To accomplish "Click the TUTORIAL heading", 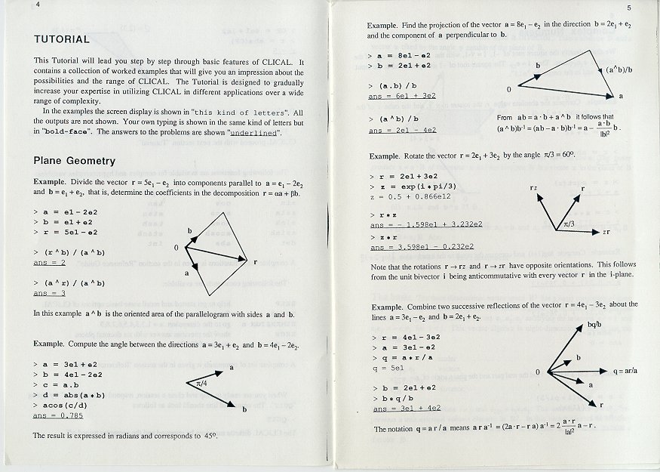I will [62, 39].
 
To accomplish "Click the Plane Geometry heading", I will [74, 161].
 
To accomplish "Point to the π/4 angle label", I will [200, 384].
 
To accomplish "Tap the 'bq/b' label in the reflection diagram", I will [594, 325].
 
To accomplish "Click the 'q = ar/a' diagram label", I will [626, 371].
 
